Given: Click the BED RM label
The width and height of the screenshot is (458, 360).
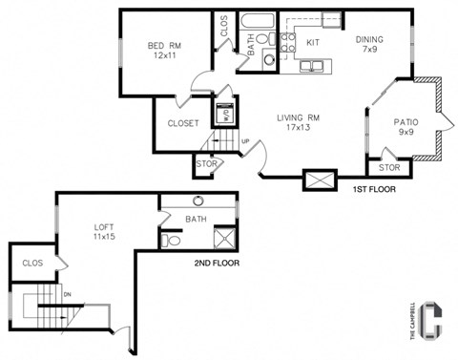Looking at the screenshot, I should tap(164, 45).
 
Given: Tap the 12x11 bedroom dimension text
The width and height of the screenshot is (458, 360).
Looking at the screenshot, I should tap(164, 56).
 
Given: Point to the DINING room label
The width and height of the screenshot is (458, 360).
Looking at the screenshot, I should tap(369, 39).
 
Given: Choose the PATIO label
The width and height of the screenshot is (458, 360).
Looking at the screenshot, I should tap(406, 121).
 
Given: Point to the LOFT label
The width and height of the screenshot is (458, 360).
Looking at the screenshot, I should tap(104, 226).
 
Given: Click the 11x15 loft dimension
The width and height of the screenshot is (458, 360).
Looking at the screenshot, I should tap(104, 237).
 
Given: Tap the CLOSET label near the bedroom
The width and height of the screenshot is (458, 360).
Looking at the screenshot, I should tap(183, 123).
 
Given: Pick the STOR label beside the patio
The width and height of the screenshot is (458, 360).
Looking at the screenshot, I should tap(388, 168).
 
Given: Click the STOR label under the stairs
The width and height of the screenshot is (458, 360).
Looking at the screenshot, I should tap(206, 163).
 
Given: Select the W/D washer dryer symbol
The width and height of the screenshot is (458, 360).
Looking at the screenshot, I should tap(225, 113).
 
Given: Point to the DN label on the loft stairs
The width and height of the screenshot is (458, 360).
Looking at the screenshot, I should tap(67, 293).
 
